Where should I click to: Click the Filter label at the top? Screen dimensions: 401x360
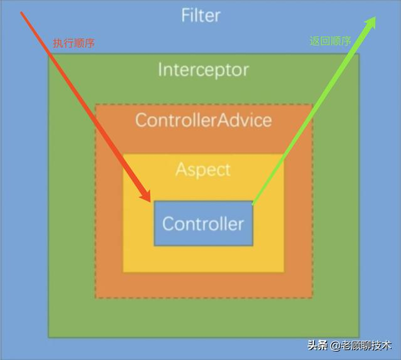pyautogui.click(x=201, y=14)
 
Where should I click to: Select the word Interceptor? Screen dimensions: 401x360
pyautogui.click(x=203, y=69)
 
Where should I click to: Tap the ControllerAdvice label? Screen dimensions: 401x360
pyautogui.click(x=204, y=119)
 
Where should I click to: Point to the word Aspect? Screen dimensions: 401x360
pyautogui.click(x=203, y=169)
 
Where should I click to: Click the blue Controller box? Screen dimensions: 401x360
pyautogui.click(x=204, y=223)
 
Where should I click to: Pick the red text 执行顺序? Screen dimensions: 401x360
pyautogui.click(x=73, y=43)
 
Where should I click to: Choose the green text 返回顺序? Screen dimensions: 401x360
pyautogui.click(x=330, y=41)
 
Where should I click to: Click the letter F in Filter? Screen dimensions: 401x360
pyautogui.click(x=185, y=14)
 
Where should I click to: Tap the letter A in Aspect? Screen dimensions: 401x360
pyautogui.click(x=180, y=169)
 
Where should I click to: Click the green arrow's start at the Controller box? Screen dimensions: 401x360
pyautogui.click(x=253, y=203)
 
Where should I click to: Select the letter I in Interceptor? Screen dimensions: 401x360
pyautogui.click(x=160, y=69)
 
